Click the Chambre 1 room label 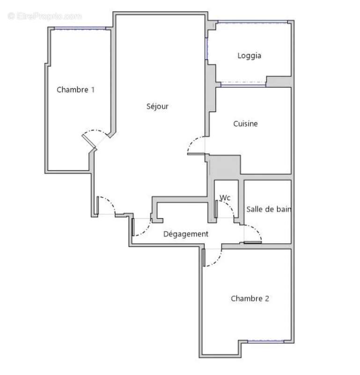(x=75, y=90)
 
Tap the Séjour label (x=157, y=106)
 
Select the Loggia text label (x=249, y=56)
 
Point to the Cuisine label (x=245, y=124)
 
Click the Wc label (x=225, y=198)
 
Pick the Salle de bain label (x=269, y=209)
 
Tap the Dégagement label (x=185, y=234)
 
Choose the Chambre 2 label (x=250, y=299)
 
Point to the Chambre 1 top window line (x=80, y=29)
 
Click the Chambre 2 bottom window (x=265, y=342)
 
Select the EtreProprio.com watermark (x=44, y=16)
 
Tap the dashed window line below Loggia (x=242, y=84)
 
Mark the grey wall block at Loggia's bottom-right (x=278, y=81)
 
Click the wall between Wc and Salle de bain (x=242, y=199)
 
